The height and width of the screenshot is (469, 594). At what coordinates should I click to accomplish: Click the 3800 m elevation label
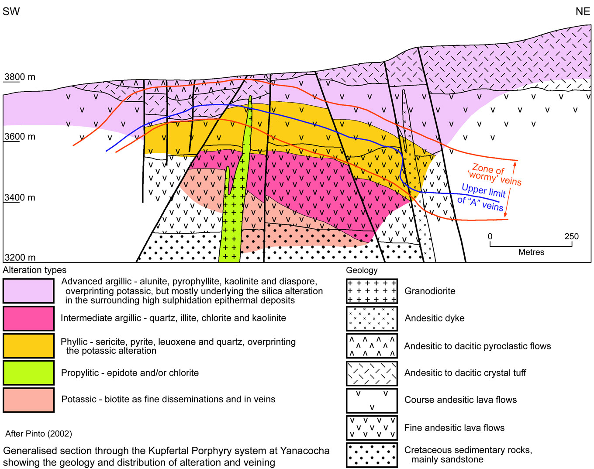tap(20, 77)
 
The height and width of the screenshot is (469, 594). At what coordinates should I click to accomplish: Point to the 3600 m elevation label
tap(20, 137)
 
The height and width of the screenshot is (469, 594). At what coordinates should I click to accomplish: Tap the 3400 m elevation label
tap(20, 198)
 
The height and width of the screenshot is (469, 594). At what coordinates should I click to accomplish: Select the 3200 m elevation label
tap(20, 258)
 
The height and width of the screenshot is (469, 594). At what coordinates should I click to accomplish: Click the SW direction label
tap(11, 12)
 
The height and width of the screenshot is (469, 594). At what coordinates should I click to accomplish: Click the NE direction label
tap(583, 12)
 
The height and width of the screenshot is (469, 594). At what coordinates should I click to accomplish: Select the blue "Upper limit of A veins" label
tap(482, 197)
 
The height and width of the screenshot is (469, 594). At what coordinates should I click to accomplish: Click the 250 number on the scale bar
tap(571, 237)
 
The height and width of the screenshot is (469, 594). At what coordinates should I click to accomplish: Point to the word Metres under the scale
tap(531, 252)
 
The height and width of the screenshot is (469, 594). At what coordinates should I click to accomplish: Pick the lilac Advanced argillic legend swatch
tap(29, 291)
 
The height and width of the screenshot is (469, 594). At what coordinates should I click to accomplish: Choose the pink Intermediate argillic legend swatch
tap(29, 318)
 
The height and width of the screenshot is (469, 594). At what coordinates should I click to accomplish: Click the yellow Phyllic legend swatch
tap(29, 346)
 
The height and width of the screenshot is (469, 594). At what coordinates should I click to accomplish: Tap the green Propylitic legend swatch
tap(29, 373)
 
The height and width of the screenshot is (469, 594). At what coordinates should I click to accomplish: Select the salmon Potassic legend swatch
tap(29, 400)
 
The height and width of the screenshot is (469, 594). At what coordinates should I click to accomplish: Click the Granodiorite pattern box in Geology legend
tap(372, 291)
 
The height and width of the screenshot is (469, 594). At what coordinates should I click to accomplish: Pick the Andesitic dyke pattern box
tap(372, 318)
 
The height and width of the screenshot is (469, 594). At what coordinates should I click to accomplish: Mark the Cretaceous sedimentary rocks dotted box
tap(372, 455)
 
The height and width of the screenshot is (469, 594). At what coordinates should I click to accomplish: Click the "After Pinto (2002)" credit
tap(39, 434)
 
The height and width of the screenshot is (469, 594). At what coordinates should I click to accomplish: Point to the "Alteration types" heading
tap(35, 270)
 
